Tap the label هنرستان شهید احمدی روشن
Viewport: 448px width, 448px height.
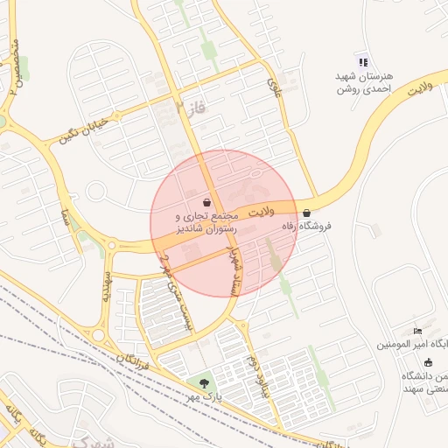364,82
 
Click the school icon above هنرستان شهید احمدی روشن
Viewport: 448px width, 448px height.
362,61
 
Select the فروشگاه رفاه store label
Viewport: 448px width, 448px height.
305,226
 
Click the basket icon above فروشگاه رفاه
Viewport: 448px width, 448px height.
306,213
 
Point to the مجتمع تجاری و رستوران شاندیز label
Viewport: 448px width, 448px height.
207,221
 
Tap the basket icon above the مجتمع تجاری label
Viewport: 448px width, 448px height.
206,202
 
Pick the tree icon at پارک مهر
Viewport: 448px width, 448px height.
204,382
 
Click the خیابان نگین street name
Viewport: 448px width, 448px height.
83,129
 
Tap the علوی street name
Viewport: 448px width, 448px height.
276,87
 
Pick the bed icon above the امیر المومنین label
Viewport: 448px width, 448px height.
417,331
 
